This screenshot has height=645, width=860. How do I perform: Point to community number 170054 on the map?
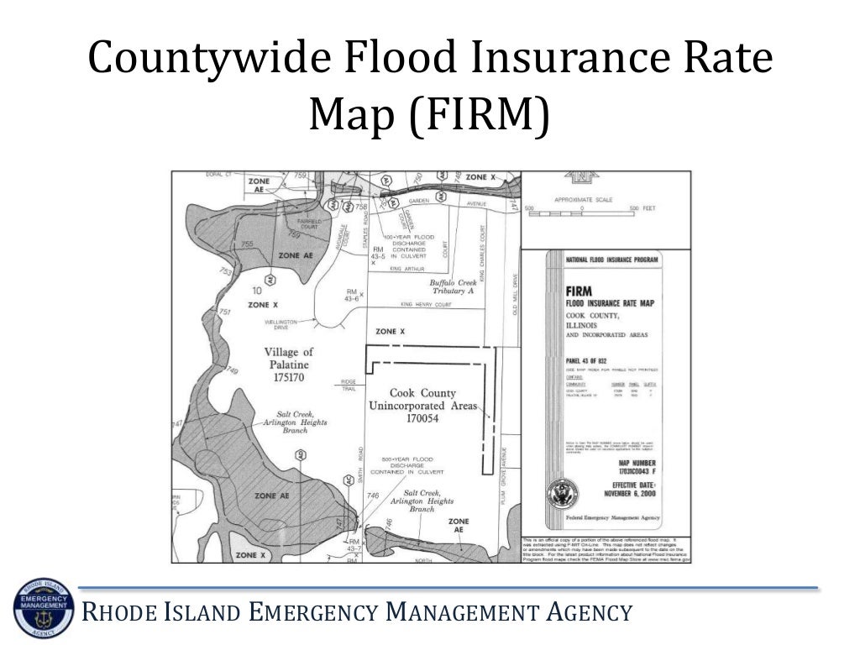point(422,418)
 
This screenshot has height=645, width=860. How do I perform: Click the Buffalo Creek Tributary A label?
point(453,286)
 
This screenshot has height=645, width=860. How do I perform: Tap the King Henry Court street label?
point(426,304)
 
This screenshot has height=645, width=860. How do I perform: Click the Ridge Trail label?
point(349,385)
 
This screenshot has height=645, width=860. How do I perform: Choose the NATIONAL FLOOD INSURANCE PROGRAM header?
point(612,260)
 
